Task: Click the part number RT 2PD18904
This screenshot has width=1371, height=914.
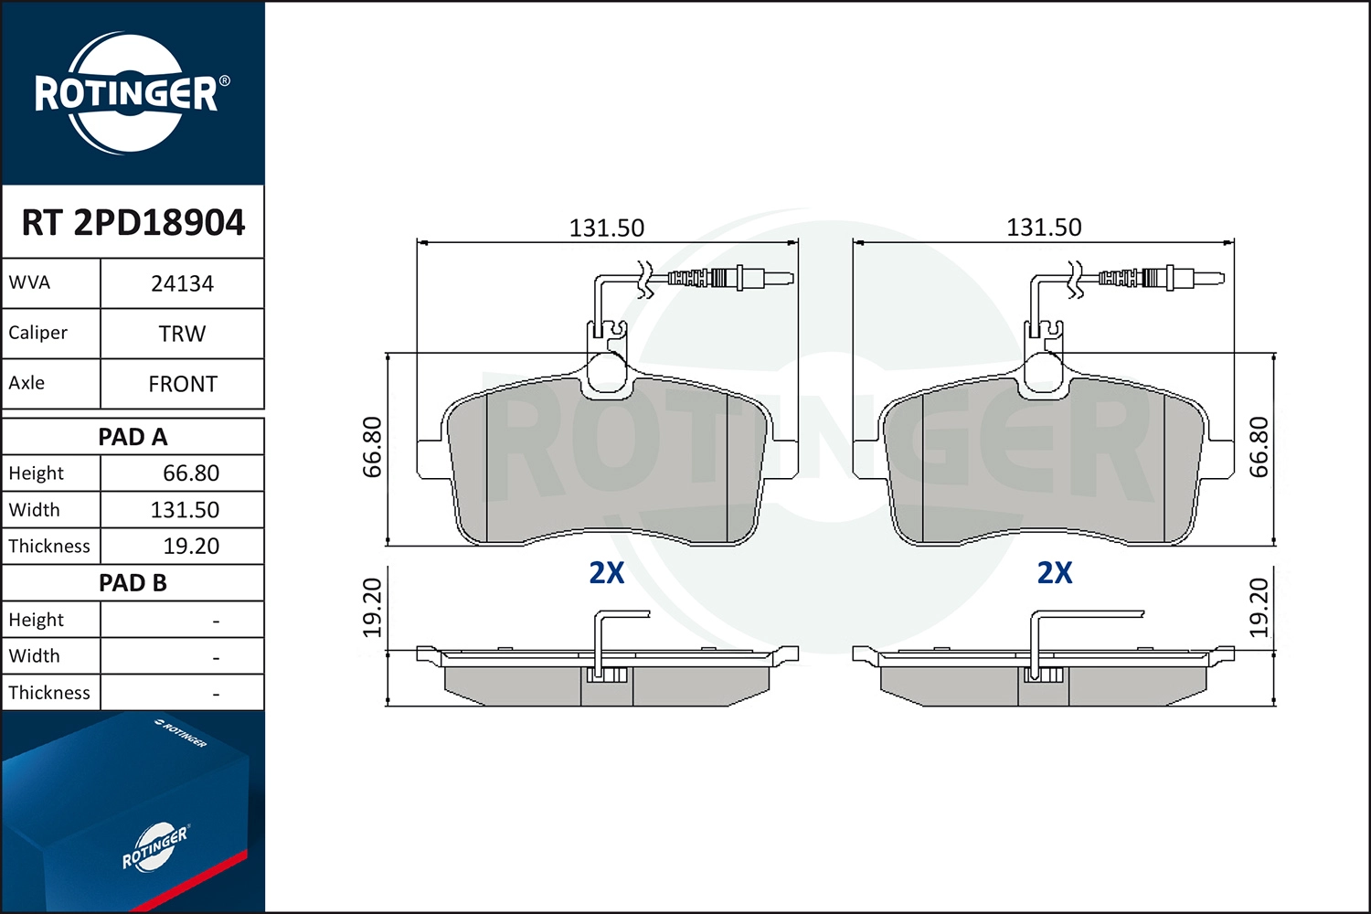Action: point(133,223)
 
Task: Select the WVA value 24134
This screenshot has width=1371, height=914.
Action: point(182,284)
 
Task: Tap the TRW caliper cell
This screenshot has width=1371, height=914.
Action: point(182,335)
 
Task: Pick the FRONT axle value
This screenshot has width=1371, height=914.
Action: point(182,385)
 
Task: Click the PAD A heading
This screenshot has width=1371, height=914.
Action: point(133,437)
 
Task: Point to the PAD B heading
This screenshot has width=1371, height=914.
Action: point(133,583)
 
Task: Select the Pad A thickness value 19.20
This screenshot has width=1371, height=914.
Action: point(191,547)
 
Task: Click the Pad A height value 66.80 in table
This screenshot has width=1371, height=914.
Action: point(191,473)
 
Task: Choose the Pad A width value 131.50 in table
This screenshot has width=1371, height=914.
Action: point(185,510)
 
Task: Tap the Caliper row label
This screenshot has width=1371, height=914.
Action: point(38,333)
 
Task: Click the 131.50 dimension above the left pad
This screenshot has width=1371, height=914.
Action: point(607,228)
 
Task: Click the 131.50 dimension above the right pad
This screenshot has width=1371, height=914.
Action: point(1044,227)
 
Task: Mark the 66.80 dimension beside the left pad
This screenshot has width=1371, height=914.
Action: point(373,447)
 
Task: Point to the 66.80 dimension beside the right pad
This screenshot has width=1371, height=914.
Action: point(1259,447)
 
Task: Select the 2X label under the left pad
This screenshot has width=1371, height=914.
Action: point(607,573)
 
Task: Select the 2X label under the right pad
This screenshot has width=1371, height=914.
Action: point(1055,573)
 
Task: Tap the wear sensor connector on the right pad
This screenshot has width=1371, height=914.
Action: point(1159,278)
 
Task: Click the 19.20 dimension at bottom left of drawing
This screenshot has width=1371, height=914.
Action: point(373,608)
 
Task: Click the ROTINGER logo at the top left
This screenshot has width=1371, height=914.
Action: point(127,94)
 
